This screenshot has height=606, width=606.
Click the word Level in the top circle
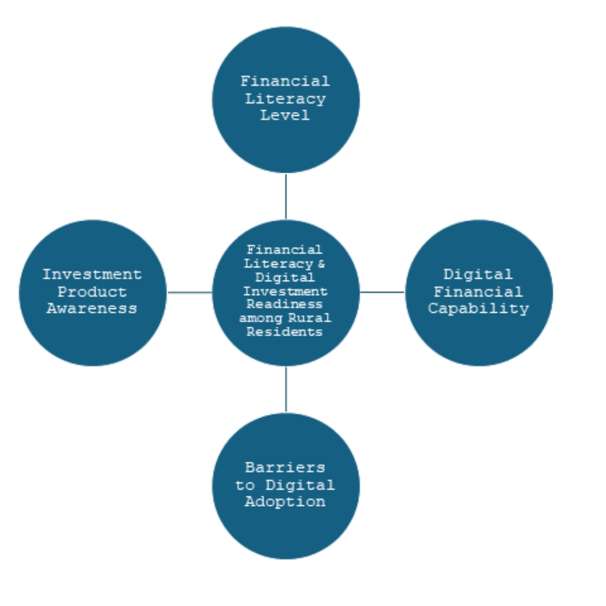285,116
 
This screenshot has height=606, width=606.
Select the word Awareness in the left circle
92,308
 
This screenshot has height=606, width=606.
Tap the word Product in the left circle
92,291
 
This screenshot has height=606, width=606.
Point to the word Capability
478,308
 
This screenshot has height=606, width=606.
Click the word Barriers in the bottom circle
285,467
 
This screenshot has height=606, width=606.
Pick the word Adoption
285,502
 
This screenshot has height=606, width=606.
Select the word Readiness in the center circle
285,305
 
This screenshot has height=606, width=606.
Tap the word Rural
310,318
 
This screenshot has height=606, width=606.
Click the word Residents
285,331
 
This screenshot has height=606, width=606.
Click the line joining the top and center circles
285,196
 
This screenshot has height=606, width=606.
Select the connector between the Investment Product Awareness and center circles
189,292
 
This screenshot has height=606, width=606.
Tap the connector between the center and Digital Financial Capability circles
382,292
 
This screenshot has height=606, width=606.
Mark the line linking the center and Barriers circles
285,389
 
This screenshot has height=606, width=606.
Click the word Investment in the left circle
92,275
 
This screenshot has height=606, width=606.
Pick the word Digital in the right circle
478,275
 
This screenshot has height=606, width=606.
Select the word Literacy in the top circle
285,99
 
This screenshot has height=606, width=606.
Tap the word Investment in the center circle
285,291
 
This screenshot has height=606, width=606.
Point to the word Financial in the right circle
478,291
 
